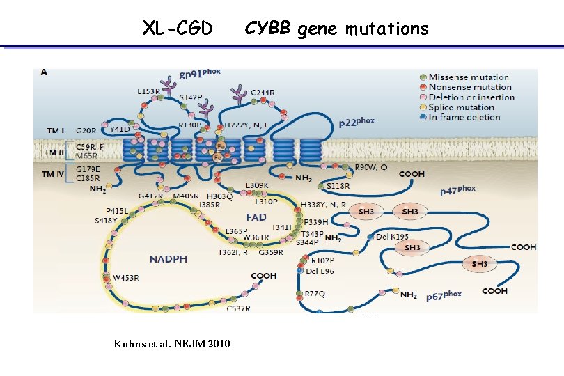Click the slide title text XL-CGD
coord(178,29)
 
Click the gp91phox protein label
coord(200,74)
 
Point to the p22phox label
coord(357,122)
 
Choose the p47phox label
coord(457,189)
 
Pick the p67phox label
coord(444,295)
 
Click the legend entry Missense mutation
coord(469,77)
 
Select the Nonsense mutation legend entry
coord(470,87)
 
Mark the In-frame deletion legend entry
coord(464,117)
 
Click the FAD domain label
coord(256,217)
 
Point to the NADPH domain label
coord(168,259)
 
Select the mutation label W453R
coord(127,277)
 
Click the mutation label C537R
coord(239,308)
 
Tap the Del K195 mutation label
coord(392,237)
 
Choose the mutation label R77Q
coord(315,294)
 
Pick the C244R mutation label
coord(263,93)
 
